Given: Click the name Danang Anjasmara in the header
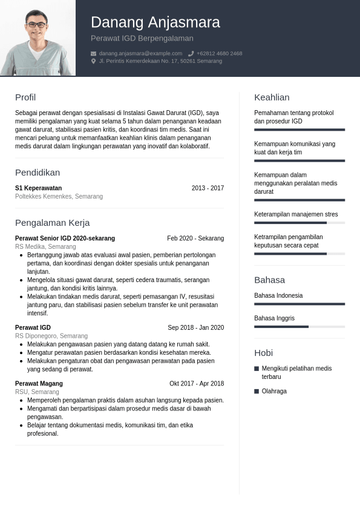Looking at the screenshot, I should [x=155, y=22].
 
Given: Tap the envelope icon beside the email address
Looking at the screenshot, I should [x=93, y=53].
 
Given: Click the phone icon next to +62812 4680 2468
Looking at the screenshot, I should [x=191, y=53].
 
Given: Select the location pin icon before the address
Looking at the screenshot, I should [x=93, y=61].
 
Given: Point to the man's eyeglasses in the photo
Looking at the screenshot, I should [x=37, y=24].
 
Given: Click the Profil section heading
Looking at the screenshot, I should [x=25, y=97].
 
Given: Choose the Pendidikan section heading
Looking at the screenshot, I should [x=38, y=172].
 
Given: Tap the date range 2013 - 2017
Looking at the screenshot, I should [x=208, y=188].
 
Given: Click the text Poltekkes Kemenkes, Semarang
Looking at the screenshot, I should [x=59, y=197].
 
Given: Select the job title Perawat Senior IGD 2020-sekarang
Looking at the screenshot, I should [x=65, y=238].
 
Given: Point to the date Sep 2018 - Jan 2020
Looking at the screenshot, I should [x=195, y=328].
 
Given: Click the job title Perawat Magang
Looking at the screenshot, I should [x=39, y=384].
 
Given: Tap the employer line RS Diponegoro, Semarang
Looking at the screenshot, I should [x=51, y=336].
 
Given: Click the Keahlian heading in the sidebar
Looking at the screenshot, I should [x=272, y=97].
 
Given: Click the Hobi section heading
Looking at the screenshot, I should [x=263, y=353].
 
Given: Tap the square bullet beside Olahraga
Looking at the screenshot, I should [x=257, y=392].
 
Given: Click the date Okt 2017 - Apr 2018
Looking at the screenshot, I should [x=197, y=384].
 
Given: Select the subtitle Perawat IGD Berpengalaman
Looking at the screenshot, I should [x=142, y=38].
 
